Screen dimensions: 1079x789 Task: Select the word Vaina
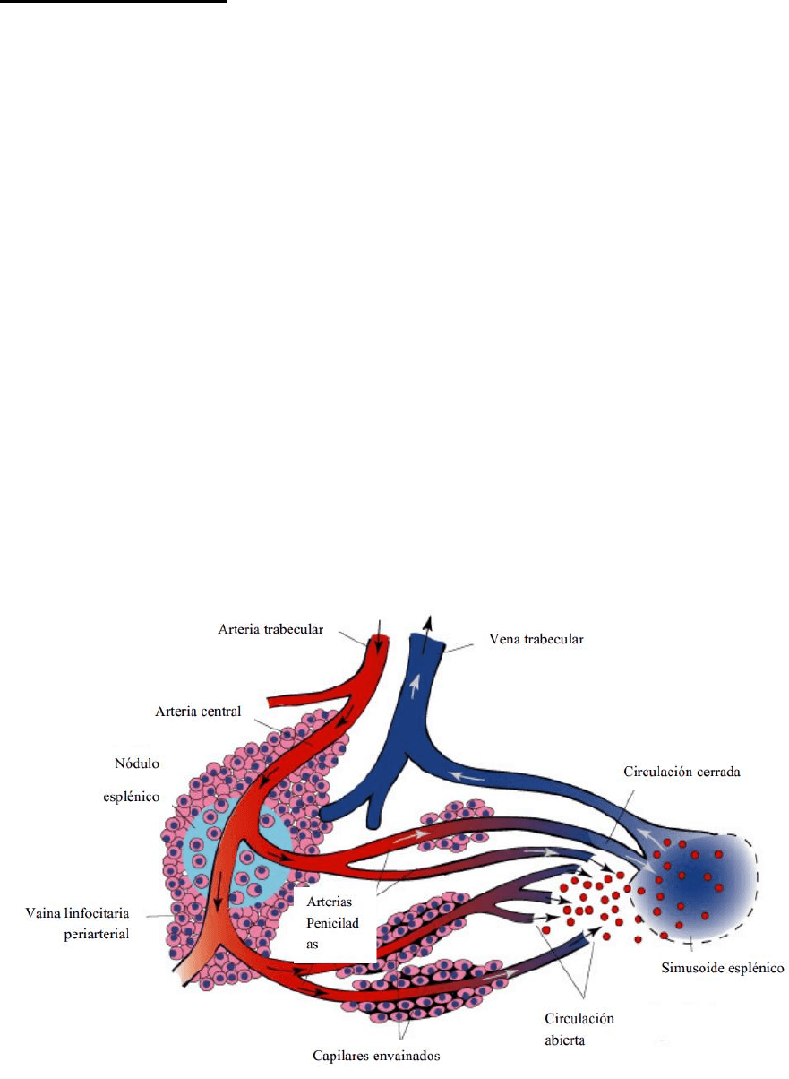pos(44,912)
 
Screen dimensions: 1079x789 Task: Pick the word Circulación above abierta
pos(579,1018)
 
